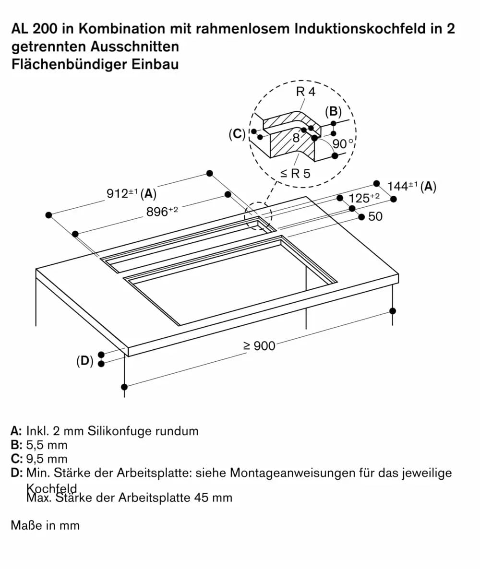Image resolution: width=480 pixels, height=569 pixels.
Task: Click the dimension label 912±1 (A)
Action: (x=131, y=193)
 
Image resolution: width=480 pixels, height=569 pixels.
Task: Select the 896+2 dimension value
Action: (x=162, y=211)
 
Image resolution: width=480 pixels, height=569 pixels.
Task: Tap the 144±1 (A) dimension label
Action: (x=411, y=186)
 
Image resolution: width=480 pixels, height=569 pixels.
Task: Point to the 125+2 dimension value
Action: (x=364, y=197)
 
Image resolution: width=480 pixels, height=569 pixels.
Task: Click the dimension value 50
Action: (x=375, y=216)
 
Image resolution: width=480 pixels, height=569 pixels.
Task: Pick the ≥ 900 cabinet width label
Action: (x=259, y=345)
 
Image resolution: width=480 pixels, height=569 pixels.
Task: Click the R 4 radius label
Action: (x=306, y=92)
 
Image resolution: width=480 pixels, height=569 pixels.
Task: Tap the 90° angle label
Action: (x=343, y=143)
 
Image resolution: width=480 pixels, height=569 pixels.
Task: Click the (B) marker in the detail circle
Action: (x=333, y=112)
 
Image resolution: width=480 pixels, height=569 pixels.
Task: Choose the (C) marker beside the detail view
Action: (x=237, y=134)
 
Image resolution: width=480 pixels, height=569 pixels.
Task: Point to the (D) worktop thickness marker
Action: (x=85, y=360)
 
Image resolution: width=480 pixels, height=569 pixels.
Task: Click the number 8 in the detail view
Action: (x=296, y=138)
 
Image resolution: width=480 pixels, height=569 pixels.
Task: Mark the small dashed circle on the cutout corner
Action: (x=258, y=216)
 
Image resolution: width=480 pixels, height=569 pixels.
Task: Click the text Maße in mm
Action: (x=45, y=525)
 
